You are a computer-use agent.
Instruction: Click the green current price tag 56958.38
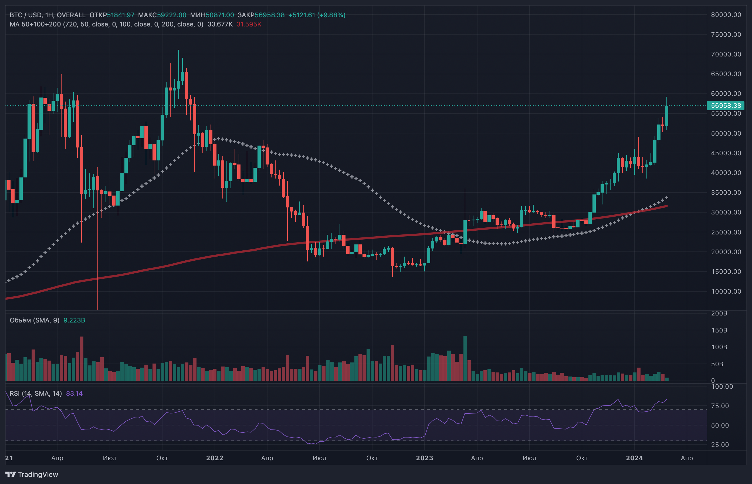point(726,106)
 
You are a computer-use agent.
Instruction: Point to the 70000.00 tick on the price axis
point(726,54)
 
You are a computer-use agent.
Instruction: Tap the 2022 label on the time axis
point(215,458)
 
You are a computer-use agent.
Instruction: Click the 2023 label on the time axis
point(424,458)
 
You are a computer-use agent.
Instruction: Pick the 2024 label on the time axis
point(634,458)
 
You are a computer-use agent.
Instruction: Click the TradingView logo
point(32,474)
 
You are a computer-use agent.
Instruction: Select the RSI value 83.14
point(74,394)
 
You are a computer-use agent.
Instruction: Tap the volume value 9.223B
point(74,320)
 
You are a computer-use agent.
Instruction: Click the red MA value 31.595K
point(249,24)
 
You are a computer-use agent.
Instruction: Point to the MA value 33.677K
point(220,24)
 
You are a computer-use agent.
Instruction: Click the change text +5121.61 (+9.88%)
point(317,15)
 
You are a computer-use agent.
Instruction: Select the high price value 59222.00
point(171,15)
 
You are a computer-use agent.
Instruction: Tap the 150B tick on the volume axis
point(719,330)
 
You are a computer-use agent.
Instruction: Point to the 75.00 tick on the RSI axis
point(720,406)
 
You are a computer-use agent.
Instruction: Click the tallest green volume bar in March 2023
point(465,358)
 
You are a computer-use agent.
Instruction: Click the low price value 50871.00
point(220,15)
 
